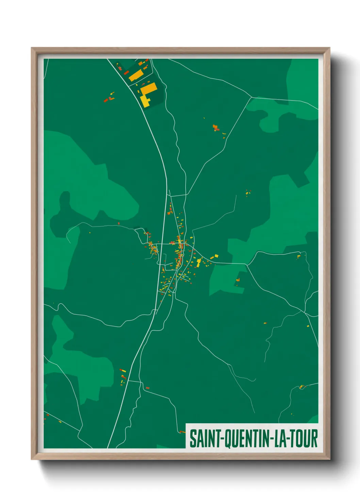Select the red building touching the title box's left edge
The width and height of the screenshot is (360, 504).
182,432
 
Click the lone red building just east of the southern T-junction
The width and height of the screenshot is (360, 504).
147,388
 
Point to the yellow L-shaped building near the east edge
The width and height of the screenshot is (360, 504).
299,256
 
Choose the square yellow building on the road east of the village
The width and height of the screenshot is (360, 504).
215,256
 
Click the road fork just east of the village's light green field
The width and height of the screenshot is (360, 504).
246,264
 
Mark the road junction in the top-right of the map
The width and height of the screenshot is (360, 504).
251,97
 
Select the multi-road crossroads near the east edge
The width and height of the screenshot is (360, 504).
304,311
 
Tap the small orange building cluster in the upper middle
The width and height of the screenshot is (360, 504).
216,128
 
